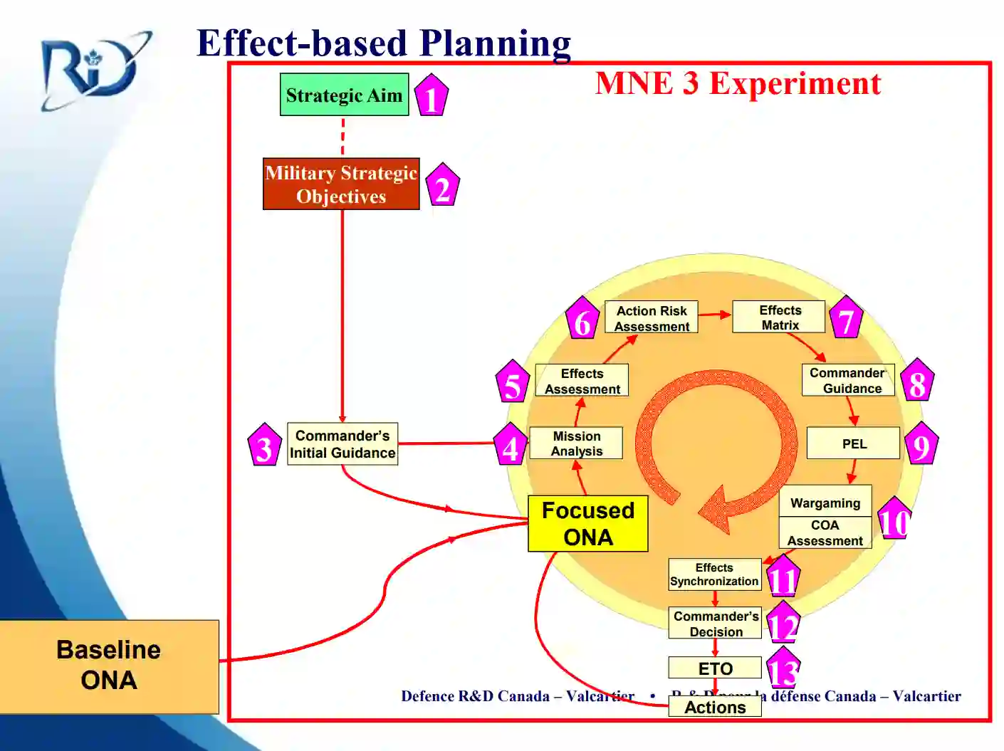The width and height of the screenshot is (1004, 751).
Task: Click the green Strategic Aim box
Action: (344, 95)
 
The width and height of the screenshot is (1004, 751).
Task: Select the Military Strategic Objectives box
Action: (341, 184)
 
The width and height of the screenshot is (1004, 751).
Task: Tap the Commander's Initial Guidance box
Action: (342, 444)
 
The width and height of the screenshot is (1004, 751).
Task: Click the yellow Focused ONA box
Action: (587, 523)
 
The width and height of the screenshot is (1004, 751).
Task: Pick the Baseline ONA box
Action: (109, 666)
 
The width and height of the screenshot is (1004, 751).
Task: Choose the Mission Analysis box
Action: (576, 443)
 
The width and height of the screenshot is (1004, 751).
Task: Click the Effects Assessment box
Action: (582, 381)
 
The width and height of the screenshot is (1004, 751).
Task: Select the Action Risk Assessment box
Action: (652, 317)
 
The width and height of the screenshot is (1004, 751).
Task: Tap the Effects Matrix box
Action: (779, 317)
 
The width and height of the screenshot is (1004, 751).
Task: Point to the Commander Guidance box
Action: (848, 380)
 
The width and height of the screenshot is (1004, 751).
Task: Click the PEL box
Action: (853, 443)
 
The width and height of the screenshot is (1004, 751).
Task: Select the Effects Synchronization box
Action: (714, 574)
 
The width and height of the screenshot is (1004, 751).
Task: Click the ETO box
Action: (715, 668)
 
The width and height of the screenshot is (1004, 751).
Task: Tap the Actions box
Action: (715, 707)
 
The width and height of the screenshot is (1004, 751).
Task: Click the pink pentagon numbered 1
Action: (431, 97)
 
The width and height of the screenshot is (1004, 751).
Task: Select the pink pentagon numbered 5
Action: (513, 384)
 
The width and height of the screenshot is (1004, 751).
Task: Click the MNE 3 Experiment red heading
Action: (738, 83)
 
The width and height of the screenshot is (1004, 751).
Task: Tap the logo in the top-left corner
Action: (95, 70)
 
